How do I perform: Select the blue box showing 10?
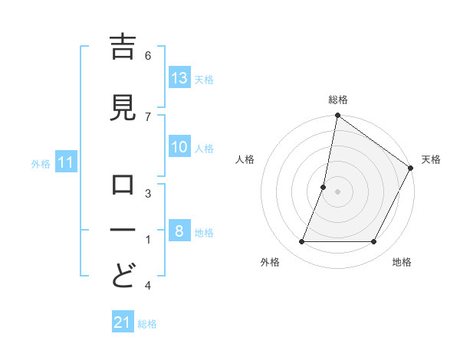[179, 147]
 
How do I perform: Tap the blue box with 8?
[179, 231]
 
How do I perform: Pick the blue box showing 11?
[66, 162]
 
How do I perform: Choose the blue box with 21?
[123, 322]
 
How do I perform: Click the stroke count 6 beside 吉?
[148, 55]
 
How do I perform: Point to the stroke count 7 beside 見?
[148, 116]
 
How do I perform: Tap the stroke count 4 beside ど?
[148, 286]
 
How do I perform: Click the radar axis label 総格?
[338, 100]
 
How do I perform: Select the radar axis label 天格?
[431, 159]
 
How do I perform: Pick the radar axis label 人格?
[245, 159]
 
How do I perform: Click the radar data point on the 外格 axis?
[301, 242]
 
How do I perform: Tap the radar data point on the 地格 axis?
[374, 242]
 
